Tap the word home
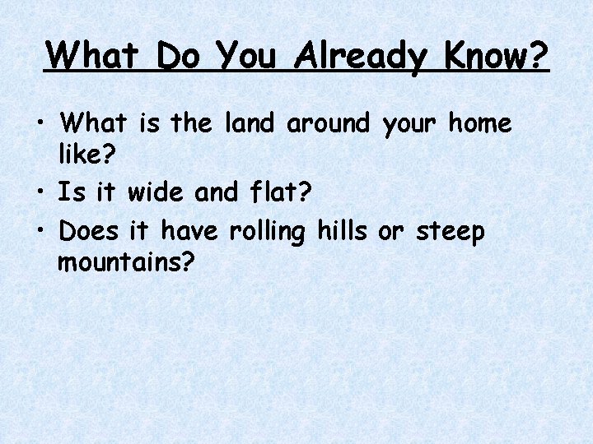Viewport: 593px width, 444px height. [479, 124]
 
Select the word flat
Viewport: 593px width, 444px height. [272, 192]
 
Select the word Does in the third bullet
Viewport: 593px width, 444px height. [90, 232]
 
